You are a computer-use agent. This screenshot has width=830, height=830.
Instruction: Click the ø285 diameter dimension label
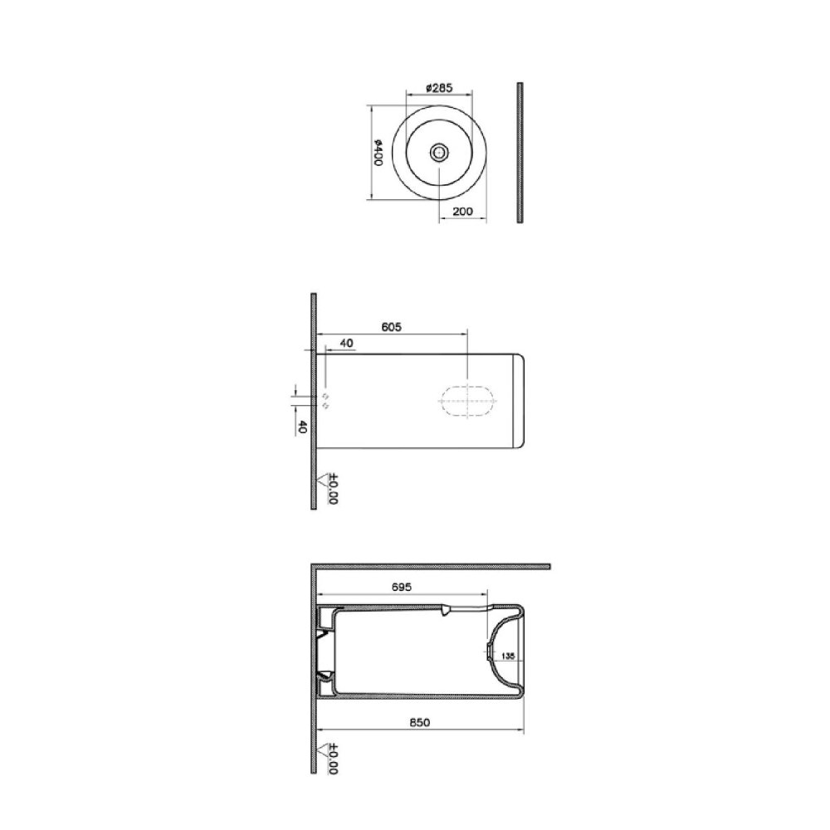(439, 88)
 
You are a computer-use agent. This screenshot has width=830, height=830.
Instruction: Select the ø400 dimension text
(378, 153)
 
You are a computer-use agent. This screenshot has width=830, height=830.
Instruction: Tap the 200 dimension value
(462, 211)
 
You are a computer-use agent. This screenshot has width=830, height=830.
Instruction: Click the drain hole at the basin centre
(439, 153)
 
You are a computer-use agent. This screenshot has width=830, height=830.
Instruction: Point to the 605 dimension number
(391, 327)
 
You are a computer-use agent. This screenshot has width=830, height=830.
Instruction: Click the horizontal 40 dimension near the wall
(346, 343)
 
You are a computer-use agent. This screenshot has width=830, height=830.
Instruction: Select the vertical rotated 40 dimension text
(302, 427)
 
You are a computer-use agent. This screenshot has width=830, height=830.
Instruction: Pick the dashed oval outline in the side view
(468, 401)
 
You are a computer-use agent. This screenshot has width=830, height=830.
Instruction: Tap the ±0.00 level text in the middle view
(333, 488)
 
